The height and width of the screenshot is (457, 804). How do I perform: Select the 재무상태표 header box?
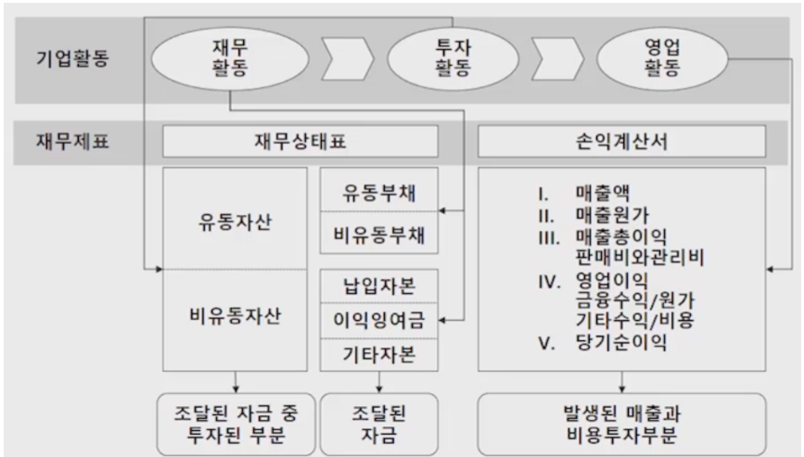tap(300, 142)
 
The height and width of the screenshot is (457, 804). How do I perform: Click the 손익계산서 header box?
tap(621, 142)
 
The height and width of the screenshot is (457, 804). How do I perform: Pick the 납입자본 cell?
tap(378, 286)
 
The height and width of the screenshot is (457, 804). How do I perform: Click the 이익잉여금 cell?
tap(378, 321)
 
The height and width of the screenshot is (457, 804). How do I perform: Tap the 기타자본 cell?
tap(378, 354)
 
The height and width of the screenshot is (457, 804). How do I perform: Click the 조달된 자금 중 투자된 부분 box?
tap(236, 424)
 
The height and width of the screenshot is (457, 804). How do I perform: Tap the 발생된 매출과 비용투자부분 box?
tap(621, 424)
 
